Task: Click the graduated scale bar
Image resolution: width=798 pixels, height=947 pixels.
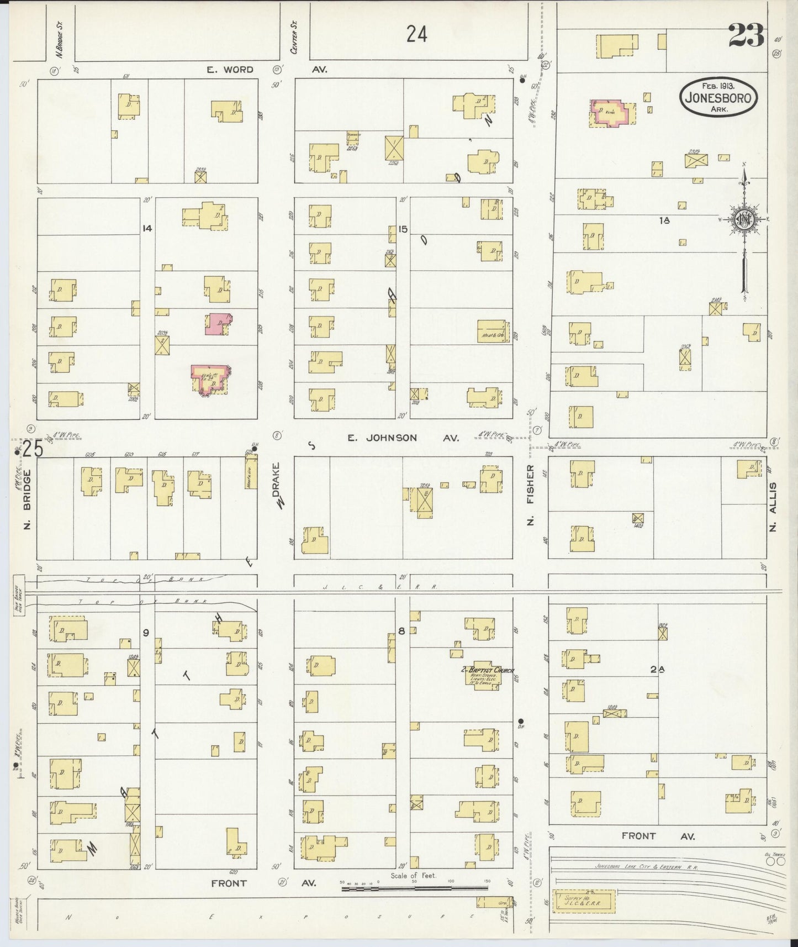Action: click(x=414, y=888)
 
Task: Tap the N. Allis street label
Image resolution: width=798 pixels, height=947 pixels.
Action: click(x=773, y=506)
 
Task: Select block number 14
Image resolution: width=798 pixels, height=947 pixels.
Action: click(x=146, y=228)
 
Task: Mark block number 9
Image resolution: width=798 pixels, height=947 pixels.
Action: click(x=146, y=633)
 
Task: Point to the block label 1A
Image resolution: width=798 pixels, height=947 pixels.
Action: click(x=664, y=220)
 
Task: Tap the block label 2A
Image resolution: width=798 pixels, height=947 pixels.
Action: click(x=656, y=669)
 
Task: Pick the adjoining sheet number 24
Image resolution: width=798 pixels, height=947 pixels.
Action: click(x=416, y=35)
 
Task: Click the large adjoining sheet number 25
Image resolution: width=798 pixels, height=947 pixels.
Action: click(x=32, y=449)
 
